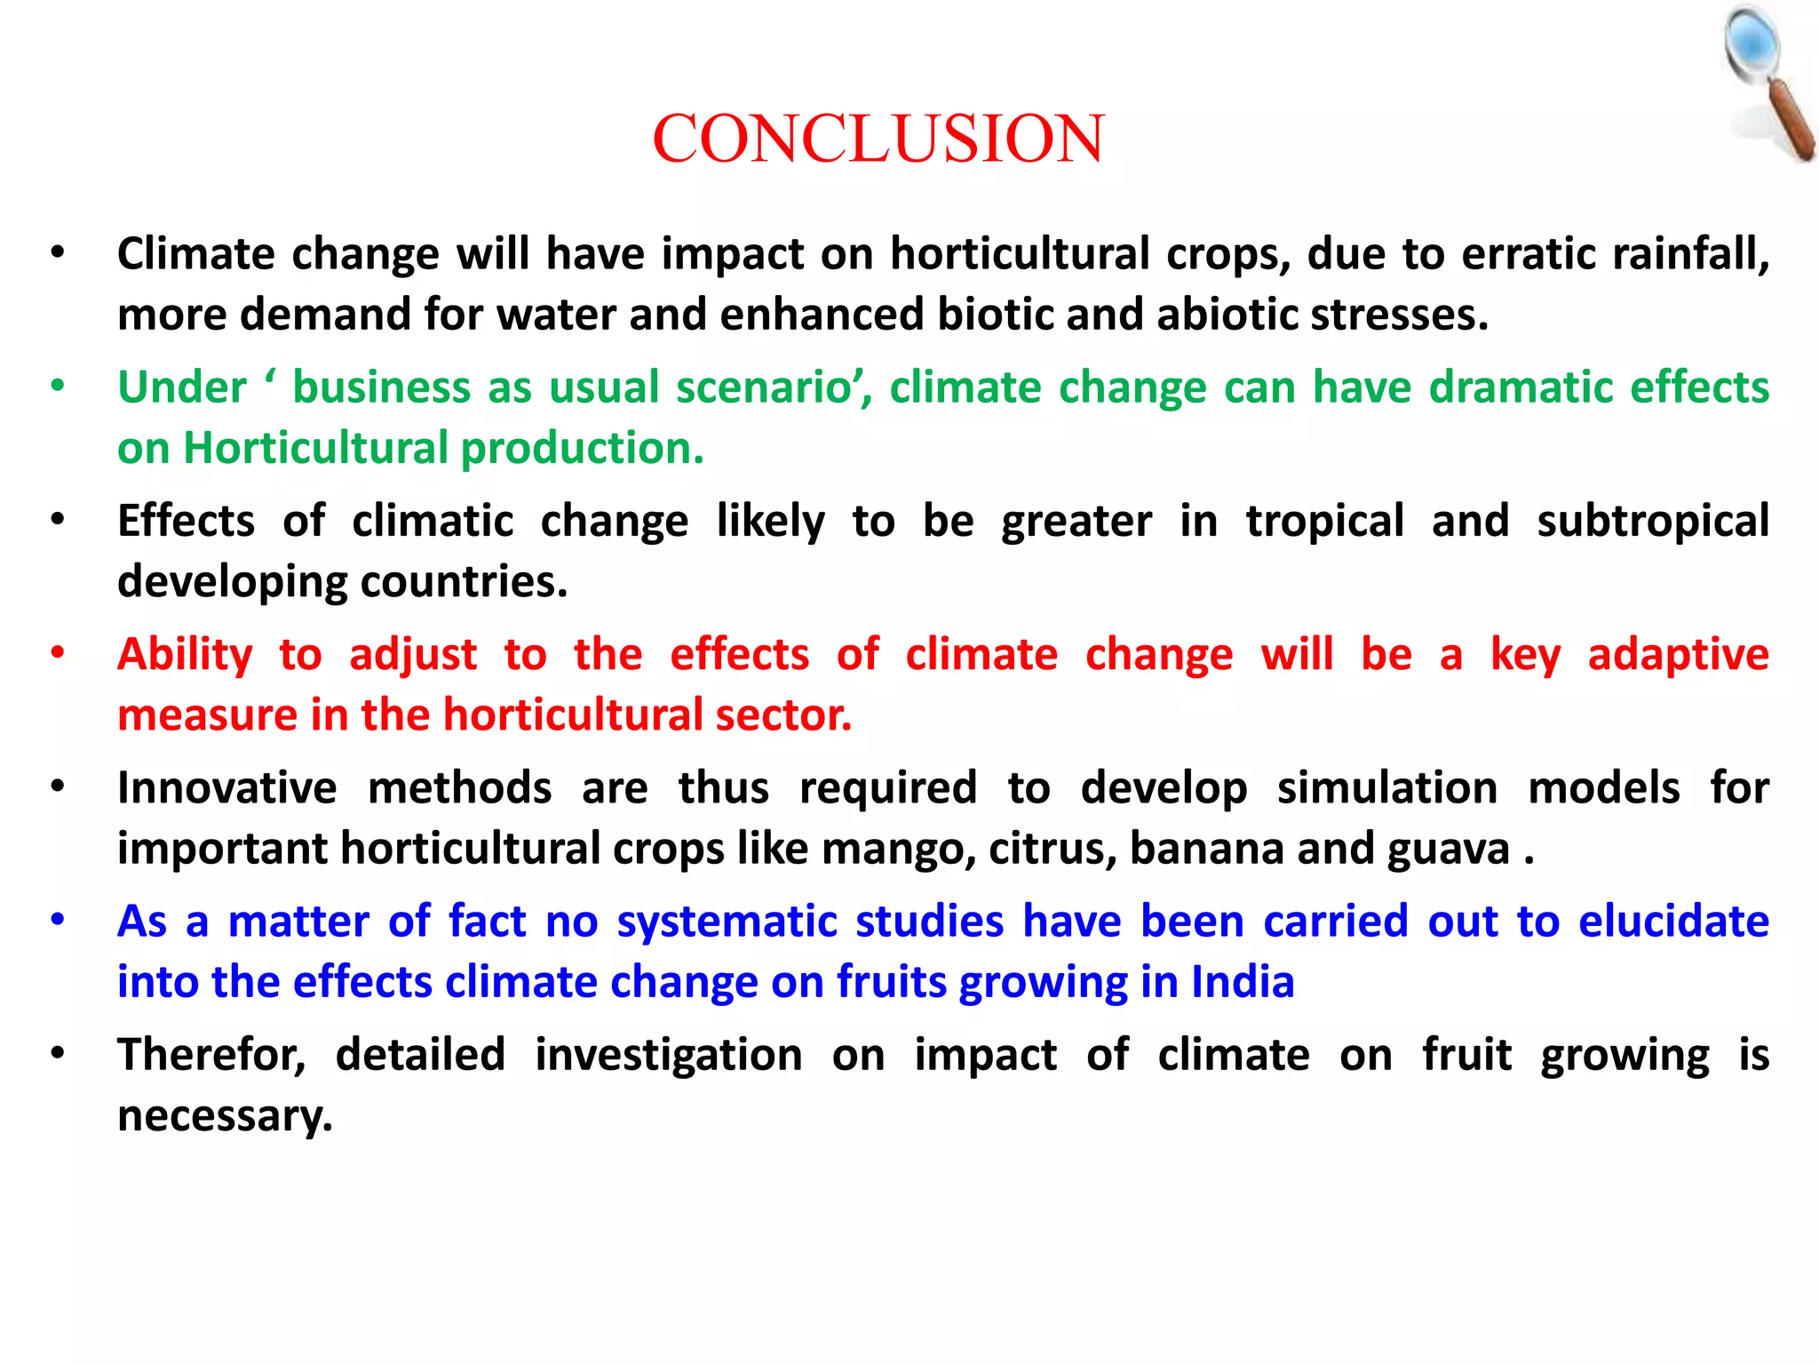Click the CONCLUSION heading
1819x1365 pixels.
(878, 140)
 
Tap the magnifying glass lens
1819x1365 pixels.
(1752, 45)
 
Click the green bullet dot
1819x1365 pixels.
(58, 387)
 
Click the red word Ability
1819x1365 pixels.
(185, 655)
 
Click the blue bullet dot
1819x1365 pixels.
(58, 921)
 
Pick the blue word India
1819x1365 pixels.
(1242, 982)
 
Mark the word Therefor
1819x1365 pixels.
(211, 1056)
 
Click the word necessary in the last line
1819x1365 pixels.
(225, 1116)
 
